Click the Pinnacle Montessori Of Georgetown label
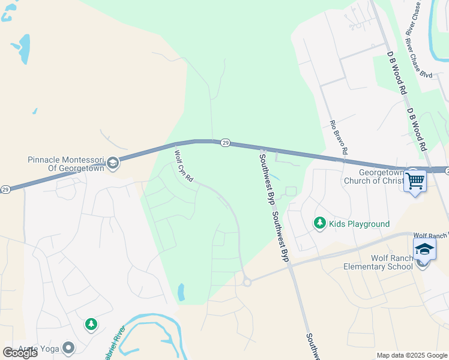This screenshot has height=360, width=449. pos(66,163)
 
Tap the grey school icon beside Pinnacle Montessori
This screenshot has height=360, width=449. pos(113,163)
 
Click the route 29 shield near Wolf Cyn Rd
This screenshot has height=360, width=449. pos(225,142)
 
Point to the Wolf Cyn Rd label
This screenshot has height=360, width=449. pos(184,166)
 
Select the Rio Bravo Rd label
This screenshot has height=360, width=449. pos(339,138)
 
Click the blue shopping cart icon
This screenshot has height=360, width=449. pos(415,180)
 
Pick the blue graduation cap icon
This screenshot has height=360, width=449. pos(424,248)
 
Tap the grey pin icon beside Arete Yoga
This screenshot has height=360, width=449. pos(68,347)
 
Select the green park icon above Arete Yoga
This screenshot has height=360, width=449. pos(91,325)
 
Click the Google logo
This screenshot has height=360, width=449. pos(20,353)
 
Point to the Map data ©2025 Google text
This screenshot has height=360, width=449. pos(411,355)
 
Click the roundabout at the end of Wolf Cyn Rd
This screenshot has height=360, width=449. pos(246,281)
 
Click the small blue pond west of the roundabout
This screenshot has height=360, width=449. pos(181,292)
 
